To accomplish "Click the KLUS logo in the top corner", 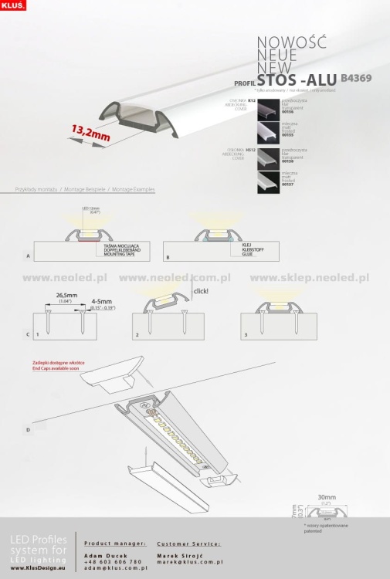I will [14, 5].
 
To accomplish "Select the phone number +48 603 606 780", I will [113, 561].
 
